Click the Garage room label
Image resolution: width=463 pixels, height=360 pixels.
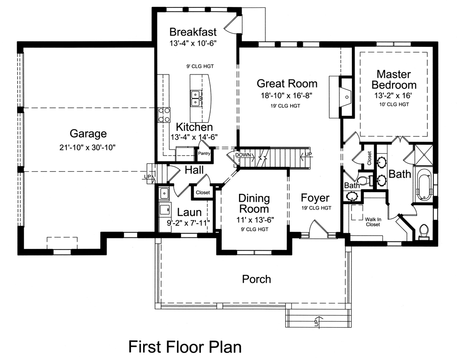coord(88,134)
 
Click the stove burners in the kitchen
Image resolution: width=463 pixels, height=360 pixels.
coord(164,114)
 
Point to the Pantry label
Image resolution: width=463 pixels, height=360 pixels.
coord(204,153)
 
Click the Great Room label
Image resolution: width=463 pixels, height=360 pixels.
coord(287,84)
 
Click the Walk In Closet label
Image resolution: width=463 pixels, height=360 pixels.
coord(372,222)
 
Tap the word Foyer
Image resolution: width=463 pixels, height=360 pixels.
coord(315,199)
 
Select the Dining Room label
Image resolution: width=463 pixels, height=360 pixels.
coord(254,204)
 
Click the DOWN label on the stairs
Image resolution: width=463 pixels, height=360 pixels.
coord(243,155)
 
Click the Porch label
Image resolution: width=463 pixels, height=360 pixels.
coord(257,279)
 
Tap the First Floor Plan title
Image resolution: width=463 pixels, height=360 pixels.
coord(185,346)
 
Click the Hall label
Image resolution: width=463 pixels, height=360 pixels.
coord(194,170)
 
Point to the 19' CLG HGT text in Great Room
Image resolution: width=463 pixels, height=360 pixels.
coord(287,106)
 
